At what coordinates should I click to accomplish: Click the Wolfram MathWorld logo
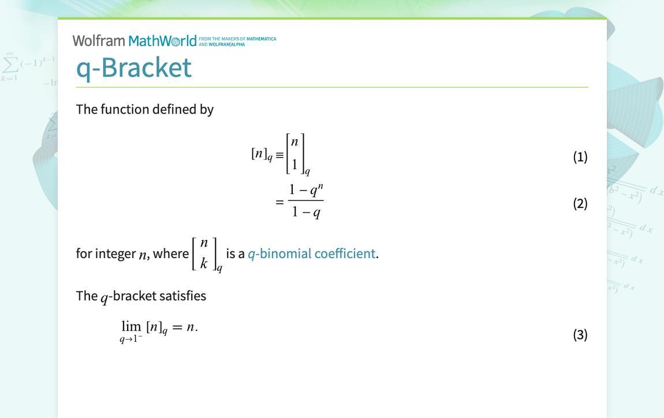(x=135, y=41)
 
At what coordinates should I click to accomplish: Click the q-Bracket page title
(x=133, y=68)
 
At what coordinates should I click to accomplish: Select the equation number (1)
(x=580, y=157)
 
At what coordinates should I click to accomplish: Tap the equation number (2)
(x=580, y=204)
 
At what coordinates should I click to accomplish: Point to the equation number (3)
(x=580, y=335)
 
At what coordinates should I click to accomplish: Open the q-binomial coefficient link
(x=312, y=253)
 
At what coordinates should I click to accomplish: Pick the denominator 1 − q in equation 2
(x=306, y=213)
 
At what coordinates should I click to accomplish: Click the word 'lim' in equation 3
(x=131, y=326)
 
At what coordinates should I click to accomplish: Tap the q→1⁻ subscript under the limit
(x=131, y=340)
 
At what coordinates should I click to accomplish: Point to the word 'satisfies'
(x=183, y=296)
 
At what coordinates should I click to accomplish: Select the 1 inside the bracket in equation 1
(x=294, y=165)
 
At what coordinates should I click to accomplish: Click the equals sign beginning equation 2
(x=279, y=203)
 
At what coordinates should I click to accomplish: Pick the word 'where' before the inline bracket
(x=171, y=253)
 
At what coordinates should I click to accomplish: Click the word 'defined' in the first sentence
(x=174, y=109)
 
